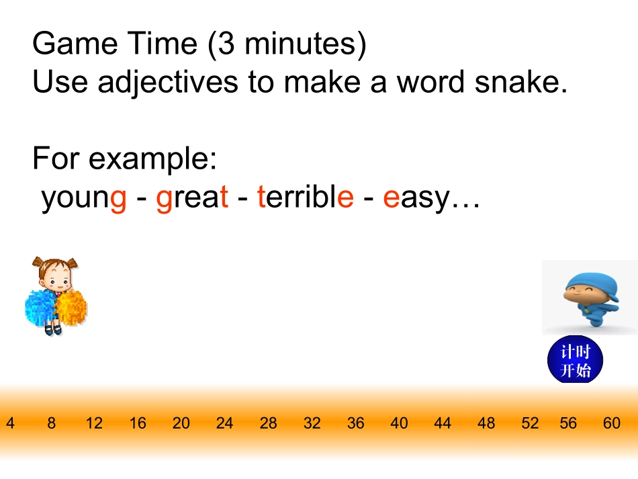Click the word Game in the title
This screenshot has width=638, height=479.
75,43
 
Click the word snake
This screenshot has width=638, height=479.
521,81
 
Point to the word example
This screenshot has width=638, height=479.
152,159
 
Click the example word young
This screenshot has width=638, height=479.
84,199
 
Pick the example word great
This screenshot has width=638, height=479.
192,199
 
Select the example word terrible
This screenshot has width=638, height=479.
306,196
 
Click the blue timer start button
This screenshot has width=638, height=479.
575,360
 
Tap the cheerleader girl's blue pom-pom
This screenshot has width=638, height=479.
40,308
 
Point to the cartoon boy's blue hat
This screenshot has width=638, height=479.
592,285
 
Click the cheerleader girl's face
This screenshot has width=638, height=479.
57,279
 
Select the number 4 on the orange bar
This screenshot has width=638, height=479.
10,423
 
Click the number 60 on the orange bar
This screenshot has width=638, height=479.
612,423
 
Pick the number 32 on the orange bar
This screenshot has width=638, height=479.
312,423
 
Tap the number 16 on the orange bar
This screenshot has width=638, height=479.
138,423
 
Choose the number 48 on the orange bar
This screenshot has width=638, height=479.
486,423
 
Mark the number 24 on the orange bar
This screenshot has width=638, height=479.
224,423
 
